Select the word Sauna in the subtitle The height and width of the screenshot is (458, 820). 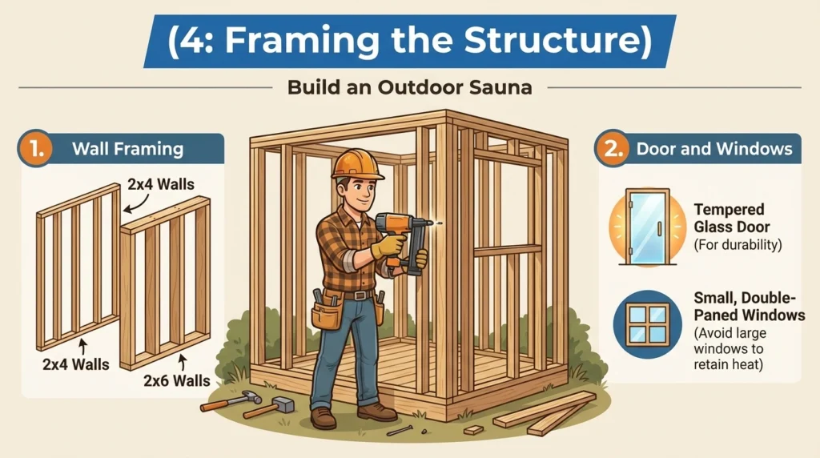coord(498,87)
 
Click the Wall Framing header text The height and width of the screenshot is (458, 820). coord(127,149)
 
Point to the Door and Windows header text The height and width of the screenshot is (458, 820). coord(713,149)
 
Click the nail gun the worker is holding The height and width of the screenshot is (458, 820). coord(404,237)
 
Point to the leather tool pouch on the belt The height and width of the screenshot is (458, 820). coord(326,313)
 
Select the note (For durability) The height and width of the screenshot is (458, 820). coord(735,245)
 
